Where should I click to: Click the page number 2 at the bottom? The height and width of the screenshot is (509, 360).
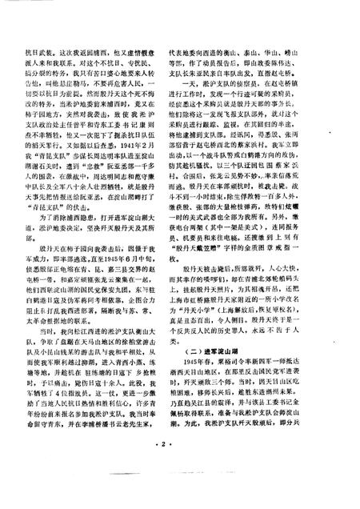point(180,486)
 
